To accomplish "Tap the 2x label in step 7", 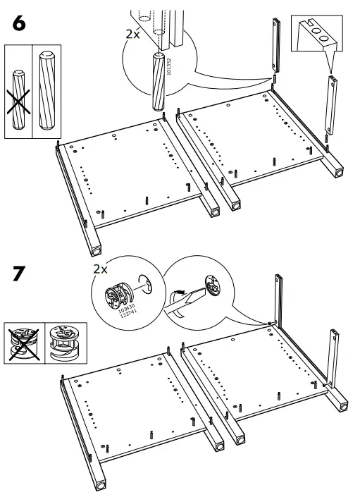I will click(x=101, y=269).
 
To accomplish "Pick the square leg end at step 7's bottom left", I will click(x=99, y=486).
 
